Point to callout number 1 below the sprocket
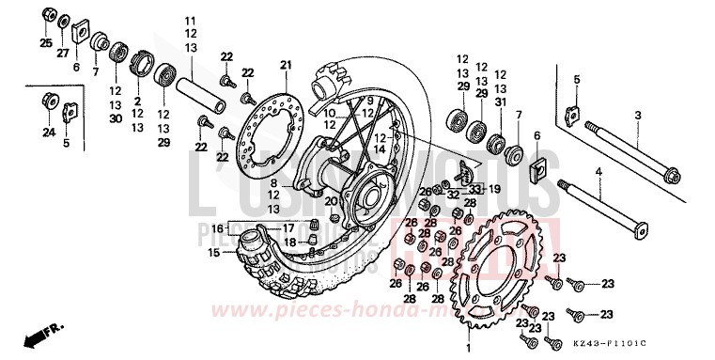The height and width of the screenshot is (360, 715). tap(467, 350)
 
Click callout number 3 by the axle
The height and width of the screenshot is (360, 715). tap(636, 116)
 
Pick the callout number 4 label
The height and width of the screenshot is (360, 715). tap(623, 172)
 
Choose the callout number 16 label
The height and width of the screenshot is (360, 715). tap(216, 228)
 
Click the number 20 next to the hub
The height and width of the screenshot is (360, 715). tap(330, 201)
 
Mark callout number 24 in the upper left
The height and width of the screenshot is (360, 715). tap(47, 133)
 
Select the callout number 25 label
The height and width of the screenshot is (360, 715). tap(45, 43)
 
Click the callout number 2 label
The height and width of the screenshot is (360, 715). tap(136, 102)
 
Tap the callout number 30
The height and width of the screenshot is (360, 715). tap(116, 119)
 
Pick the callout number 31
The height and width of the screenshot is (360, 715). tap(500, 102)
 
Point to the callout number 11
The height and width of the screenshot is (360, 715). tap(192, 21)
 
